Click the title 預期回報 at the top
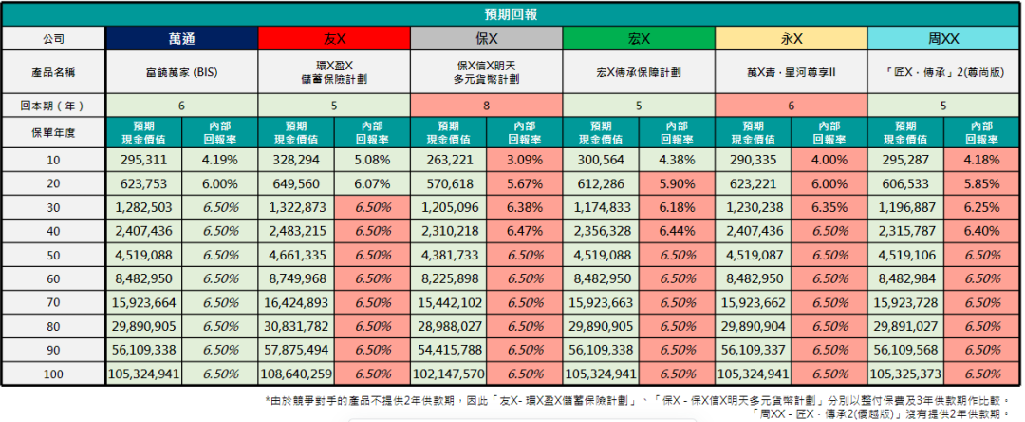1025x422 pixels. coord(512,14)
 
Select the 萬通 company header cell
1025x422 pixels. coord(181,39)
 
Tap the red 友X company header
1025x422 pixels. coord(334,39)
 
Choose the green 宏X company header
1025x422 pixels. coord(639,39)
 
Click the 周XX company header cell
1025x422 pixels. coord(944,39)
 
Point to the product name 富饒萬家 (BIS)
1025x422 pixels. coord(181,71)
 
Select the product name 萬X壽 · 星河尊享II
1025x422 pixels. coord(791,71)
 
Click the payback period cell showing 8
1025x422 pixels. coord(486,105)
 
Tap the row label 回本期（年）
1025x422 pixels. coord(53,105)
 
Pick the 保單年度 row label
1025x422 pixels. coord(53,132)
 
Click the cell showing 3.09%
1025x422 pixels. coord(524,160)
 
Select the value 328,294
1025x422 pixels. coord(297,160)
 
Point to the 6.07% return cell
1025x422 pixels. coord(372,183)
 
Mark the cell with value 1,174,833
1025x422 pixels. coord(601,207)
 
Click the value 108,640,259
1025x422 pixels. coord(297,374)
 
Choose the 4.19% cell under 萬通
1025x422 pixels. coord(219,160)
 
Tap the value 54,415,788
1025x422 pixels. coord(449,350)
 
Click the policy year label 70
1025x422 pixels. coord(53,302)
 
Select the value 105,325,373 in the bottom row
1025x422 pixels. coord(906,374)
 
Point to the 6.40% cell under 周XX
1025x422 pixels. coord(982,231)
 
